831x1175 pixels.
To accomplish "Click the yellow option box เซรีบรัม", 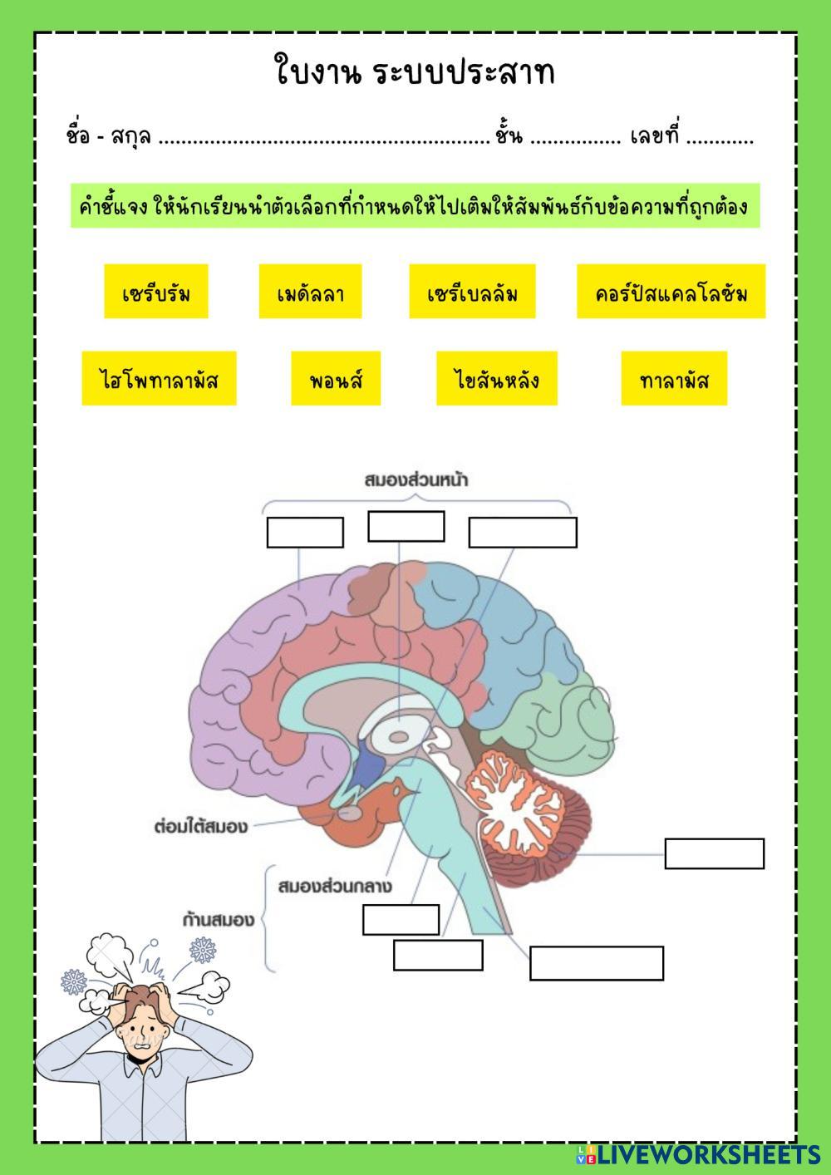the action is click(156, 292).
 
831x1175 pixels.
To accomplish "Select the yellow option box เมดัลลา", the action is click(310, 292).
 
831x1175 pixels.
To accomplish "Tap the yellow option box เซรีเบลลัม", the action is click(472, 292).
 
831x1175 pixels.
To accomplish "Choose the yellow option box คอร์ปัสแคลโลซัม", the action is click(671, 292).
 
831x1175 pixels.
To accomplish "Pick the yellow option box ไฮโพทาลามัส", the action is click(159, 379).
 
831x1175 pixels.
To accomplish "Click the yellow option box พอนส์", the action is click(336, 379).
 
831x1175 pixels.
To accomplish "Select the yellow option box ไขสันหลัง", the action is click(497, 379).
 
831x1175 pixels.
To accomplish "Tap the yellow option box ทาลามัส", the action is click(674, 379).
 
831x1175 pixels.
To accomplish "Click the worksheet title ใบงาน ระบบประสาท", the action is click(414, 71).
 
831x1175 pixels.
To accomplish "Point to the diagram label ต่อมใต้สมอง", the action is click(201, 827).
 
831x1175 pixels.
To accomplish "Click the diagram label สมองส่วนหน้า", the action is click(415, 479).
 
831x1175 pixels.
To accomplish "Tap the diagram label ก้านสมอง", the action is click(219, 920).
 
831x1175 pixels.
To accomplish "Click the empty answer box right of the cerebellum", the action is click(714, 853).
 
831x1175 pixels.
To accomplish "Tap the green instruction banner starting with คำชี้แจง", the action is click(414, 205).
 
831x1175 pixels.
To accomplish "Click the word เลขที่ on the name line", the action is click(655, 135).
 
